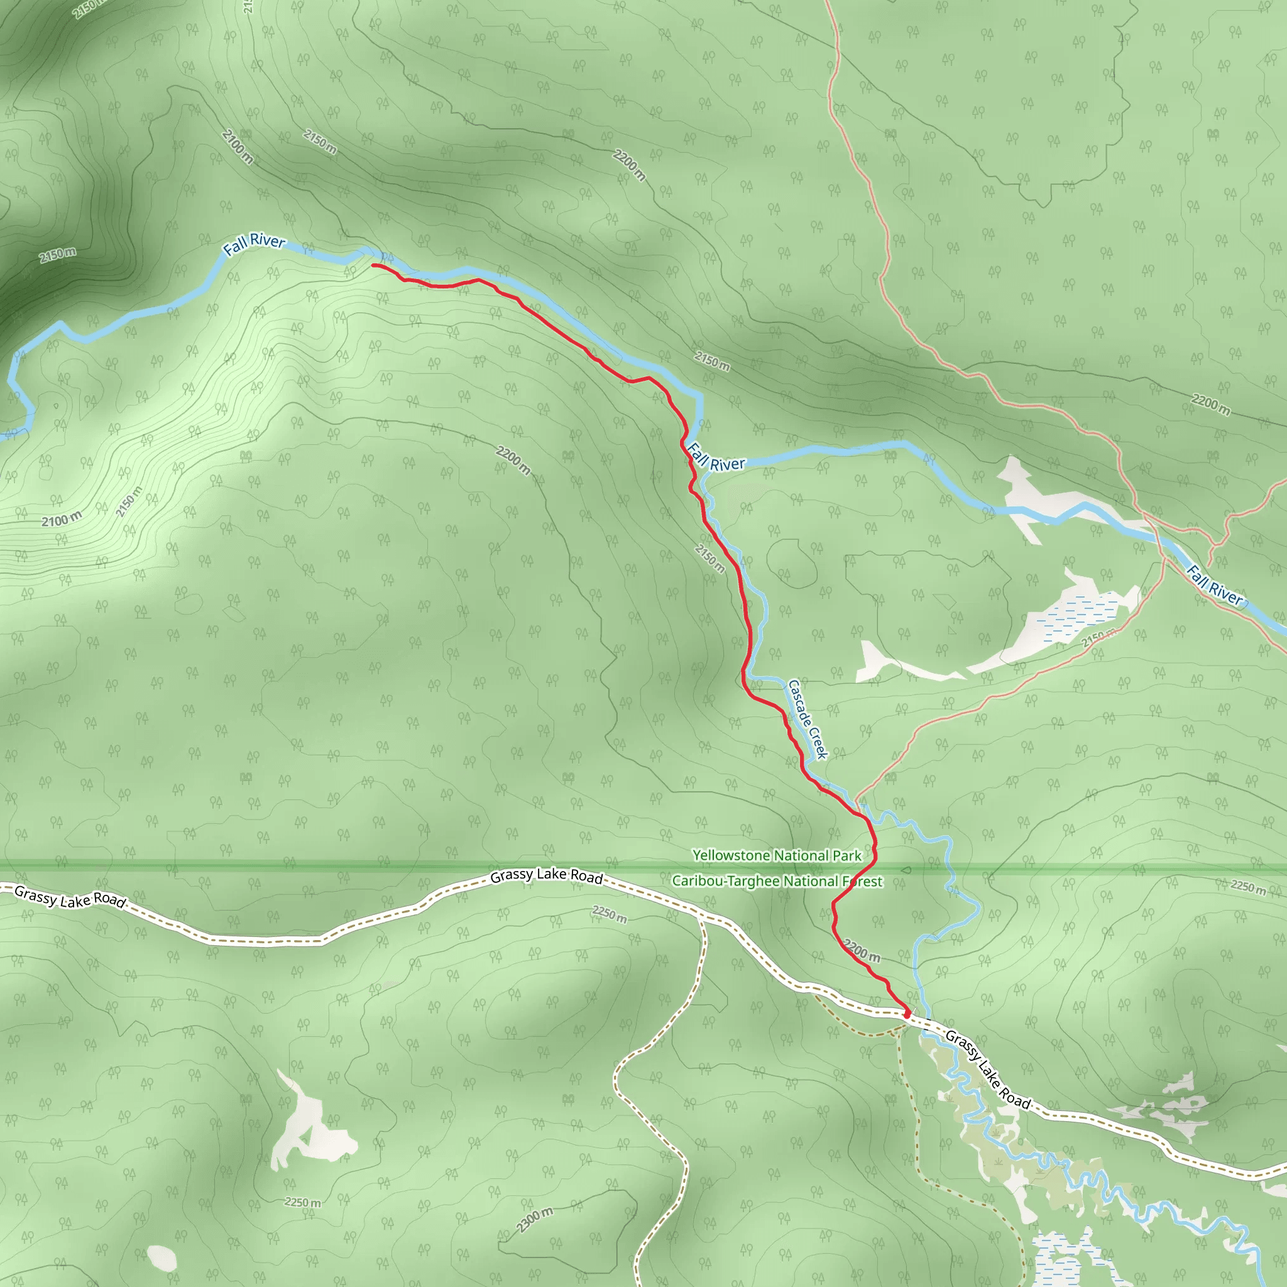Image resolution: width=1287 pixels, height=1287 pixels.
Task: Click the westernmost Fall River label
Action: tap(254, 244)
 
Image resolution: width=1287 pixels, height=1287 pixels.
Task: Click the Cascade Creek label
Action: tap(808, 720)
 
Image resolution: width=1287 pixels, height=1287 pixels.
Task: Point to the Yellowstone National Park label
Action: tap(777, 855)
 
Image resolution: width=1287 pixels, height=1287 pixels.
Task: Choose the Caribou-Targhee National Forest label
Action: tap(777, 881)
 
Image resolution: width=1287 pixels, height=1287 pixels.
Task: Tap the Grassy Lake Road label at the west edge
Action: tap(70, 897)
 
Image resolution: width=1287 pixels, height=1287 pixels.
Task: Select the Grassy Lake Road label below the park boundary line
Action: tap(546, 877)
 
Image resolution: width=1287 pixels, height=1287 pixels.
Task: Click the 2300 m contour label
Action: tap(535, 1220)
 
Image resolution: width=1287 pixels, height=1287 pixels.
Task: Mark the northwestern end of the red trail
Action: tap(374, 265)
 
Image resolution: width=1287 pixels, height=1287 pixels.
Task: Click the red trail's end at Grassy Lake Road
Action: tap(907, 1013)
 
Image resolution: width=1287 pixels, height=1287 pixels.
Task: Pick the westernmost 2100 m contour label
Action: tap(62, 520)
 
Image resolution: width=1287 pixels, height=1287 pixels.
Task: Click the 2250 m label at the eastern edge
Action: tap(1247, 887)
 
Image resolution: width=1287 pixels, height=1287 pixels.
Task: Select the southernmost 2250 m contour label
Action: tap(302, 1202)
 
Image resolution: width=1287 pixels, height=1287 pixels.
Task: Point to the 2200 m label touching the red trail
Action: tap(862, 951)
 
